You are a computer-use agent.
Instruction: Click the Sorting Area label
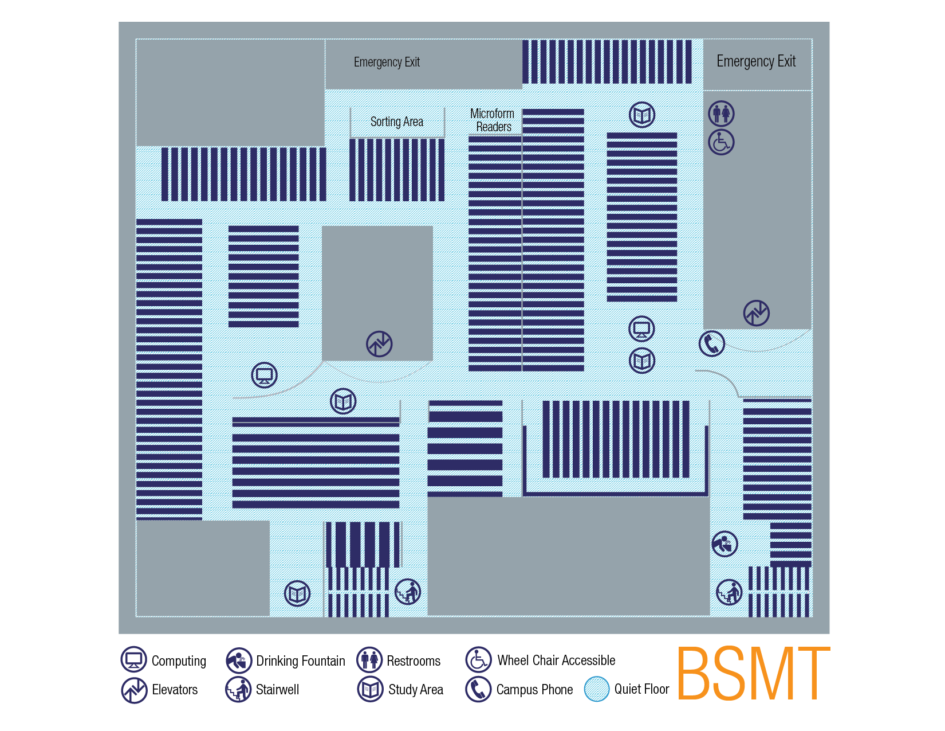(x=396, y=122)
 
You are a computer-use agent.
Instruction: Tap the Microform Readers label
(x=492, y=120)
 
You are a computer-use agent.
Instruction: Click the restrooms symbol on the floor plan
(x=721, y=114)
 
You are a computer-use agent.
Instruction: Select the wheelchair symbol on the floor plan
(x=721, y=142)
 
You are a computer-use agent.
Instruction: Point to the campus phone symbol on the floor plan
(x=711, y=343)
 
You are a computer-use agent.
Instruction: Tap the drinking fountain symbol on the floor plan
(x=724, y=544)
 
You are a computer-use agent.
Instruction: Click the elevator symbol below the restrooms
(x=756, y=312)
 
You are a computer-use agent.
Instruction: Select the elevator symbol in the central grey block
(x=379, y=344)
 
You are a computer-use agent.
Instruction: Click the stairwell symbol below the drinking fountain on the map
(x=729, y=592)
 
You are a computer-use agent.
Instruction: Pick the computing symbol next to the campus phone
(x=641, y=329)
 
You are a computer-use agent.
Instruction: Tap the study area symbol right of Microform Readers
(x=642, y=115)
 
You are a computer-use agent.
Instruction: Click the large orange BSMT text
(x=753, y=673)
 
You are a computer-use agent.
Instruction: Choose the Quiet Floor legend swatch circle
(x=597, y=689)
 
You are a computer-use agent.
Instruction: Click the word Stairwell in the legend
(x=277, y=690)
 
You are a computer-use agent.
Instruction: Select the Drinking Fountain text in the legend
(x=301, y=661)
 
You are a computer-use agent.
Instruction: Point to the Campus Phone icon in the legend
(x=478, y=689)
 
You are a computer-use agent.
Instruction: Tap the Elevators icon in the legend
(x=134, y=690)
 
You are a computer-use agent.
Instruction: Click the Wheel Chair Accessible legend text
(x=556, y=660)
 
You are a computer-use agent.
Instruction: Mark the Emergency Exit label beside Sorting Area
(x=387, y=62)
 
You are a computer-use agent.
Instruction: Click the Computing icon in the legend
(x=134, y=659)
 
